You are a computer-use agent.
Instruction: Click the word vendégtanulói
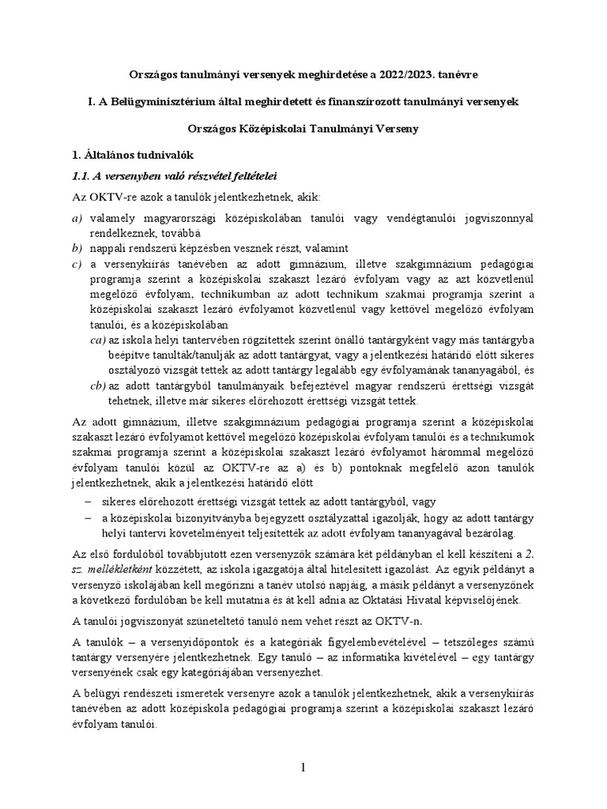[410, 217]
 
